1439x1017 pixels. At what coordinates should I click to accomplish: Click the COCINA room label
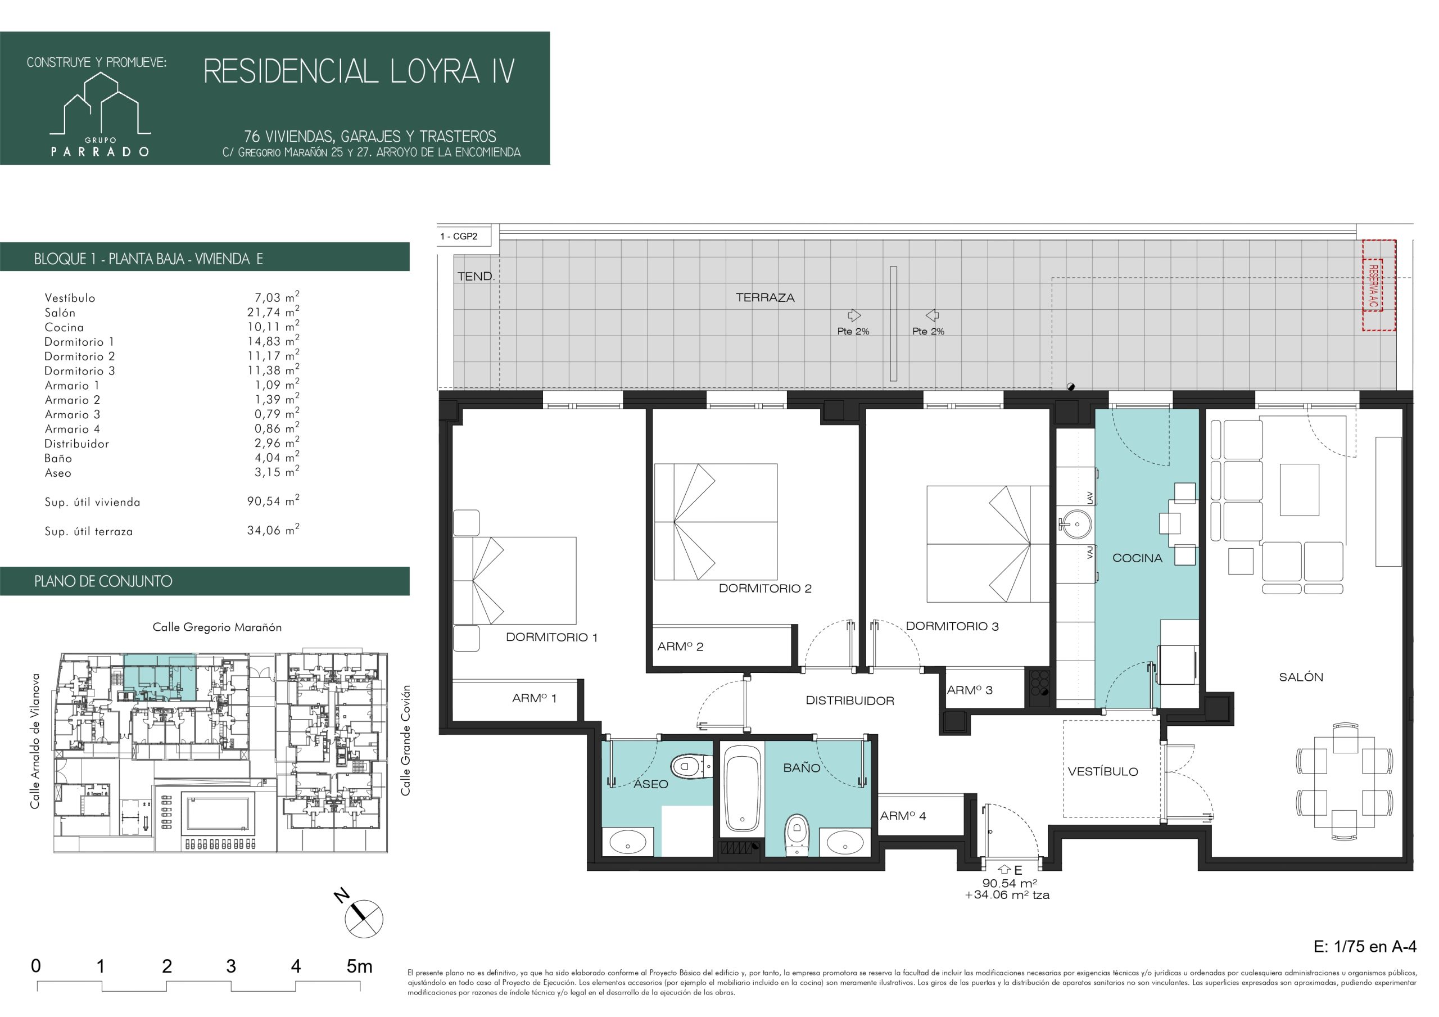[1137, 558]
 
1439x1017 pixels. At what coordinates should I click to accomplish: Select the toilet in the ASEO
[692, 766]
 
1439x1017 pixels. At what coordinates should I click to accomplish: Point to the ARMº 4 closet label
[903, 816]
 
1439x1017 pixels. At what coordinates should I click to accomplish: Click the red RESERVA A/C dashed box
[1379, 284]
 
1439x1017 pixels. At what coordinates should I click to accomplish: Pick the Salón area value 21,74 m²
[273, 311]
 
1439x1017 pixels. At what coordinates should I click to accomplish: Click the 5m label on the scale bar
[360, 966]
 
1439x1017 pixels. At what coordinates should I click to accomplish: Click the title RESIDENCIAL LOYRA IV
[359, 71]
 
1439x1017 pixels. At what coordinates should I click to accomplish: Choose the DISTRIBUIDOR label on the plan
[850, 701]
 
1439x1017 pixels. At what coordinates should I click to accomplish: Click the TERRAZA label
[765, 298]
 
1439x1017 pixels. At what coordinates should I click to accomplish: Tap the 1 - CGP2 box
[468, 236]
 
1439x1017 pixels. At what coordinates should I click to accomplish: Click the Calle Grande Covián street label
[406, 740]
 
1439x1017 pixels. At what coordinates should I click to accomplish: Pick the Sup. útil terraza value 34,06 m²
[273, 531]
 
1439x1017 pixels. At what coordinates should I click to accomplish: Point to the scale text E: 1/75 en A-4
[1364, 946]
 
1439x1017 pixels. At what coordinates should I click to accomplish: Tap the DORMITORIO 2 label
[764, 588]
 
